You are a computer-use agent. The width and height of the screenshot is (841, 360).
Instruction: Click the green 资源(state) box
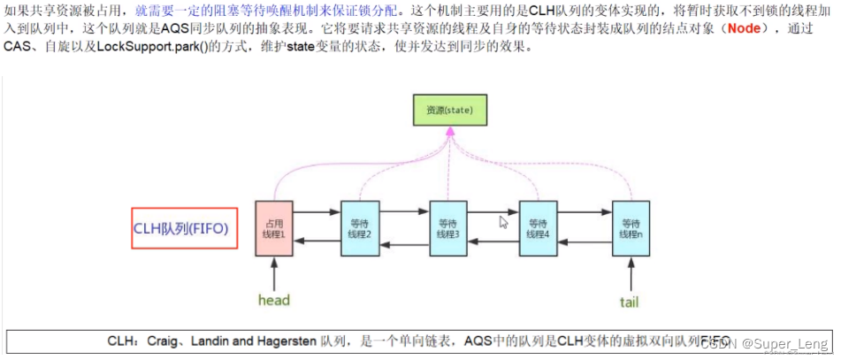449,110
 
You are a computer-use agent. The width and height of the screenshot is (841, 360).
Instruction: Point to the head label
273,300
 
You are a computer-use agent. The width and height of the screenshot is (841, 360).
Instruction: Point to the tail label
629,302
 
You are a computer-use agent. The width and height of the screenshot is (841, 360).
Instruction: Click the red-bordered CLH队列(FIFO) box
185,228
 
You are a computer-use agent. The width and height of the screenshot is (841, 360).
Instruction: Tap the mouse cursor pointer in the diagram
503,222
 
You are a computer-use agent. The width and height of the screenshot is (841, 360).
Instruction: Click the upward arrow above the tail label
630,272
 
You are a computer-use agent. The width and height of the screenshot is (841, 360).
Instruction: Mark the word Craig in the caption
158,341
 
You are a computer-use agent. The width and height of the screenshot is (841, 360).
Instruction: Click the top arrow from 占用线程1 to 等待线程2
317,212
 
